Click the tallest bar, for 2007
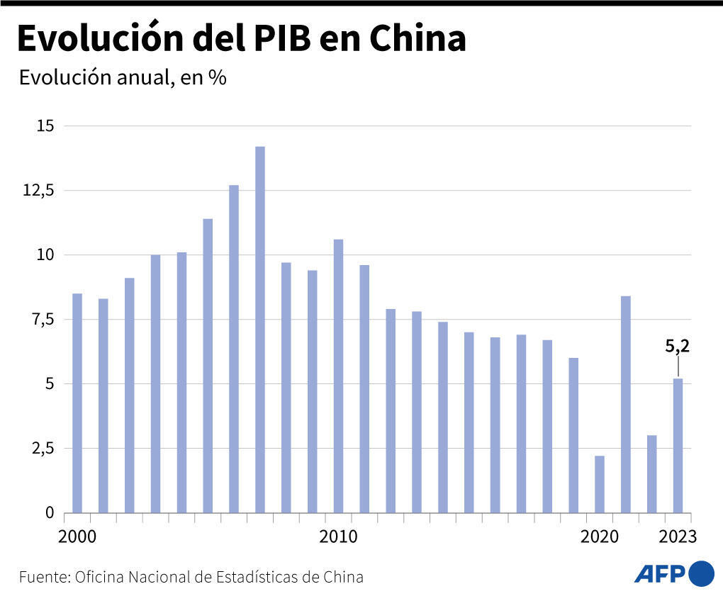point(260,330)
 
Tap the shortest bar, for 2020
point(600,484)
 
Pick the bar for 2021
point(626,404)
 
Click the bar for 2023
point(678,445)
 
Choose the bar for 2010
point(339,376)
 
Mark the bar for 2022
point(652,473)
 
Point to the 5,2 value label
point(678,347)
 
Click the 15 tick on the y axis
point(45,126)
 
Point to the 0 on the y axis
point(49,512)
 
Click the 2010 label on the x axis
point(339,537)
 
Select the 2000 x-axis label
point(77,537)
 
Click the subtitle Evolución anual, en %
point(122,77)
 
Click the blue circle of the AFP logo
point(701,573)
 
